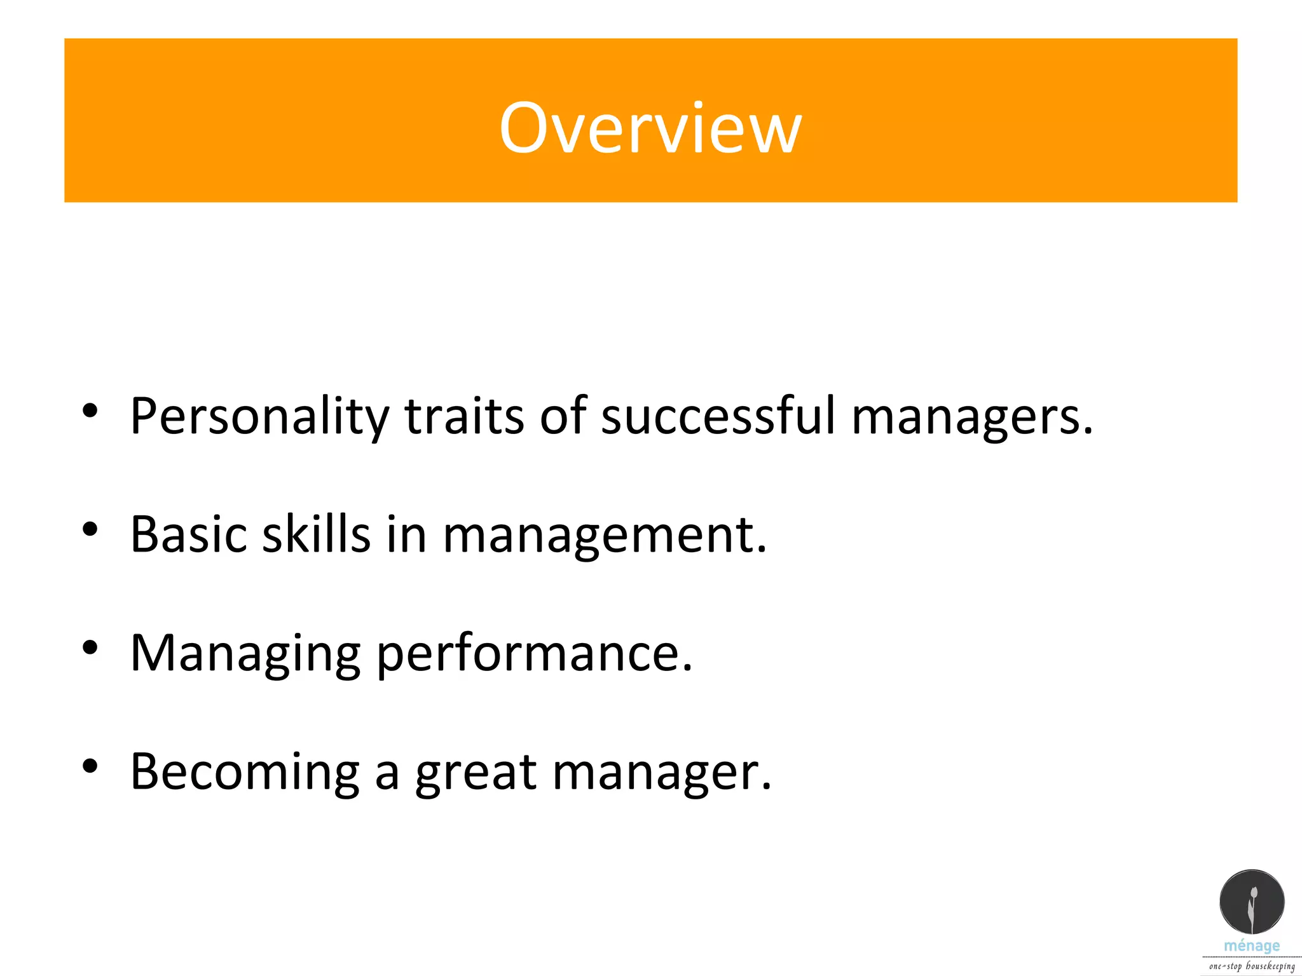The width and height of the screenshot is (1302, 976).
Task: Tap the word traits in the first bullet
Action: click(464, 416)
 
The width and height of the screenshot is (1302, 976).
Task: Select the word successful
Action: click(718, 416)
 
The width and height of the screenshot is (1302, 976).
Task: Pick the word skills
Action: click(316, 534)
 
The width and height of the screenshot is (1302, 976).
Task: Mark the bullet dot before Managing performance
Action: click(90, 647)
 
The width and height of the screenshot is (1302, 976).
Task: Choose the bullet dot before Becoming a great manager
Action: click(90, 766)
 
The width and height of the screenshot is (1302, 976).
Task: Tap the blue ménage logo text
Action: click(1251, 946)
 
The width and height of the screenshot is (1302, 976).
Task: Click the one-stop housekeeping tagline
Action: click(1251, 966)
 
